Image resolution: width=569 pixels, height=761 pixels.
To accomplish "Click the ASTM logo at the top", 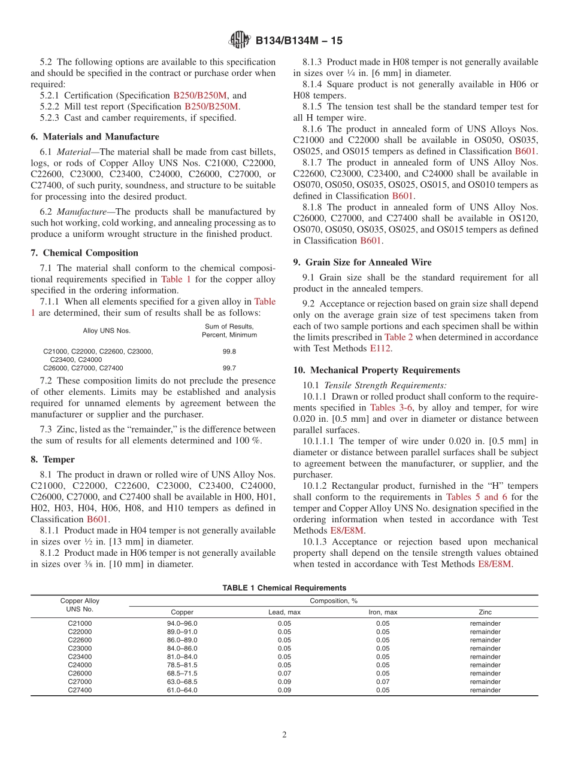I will [x=240, y=41].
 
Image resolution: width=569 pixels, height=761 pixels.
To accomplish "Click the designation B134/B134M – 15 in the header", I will [x=299, y=41].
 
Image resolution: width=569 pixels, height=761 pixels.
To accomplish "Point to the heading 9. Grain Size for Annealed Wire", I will [x=362, y=262].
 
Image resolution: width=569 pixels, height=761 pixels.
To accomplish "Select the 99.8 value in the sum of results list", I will [x=229, y=352].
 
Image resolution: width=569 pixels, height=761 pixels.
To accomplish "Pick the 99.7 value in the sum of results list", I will [x=229, y=368].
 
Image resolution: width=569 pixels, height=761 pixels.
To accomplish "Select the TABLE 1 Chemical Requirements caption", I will [x=284, y=588].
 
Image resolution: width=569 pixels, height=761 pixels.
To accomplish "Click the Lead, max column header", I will [x=284, y=612].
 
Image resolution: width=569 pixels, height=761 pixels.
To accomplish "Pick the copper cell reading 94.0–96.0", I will [x=182, y=623].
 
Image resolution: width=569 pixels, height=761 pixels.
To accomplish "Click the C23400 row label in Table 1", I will [x=80, y=657].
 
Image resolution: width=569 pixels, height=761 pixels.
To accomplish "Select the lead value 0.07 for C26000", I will [x=284, y=674].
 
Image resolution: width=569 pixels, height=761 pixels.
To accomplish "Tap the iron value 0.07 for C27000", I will [x=382, y=682].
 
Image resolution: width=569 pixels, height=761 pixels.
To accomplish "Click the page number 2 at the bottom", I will [x=284, y=735].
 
